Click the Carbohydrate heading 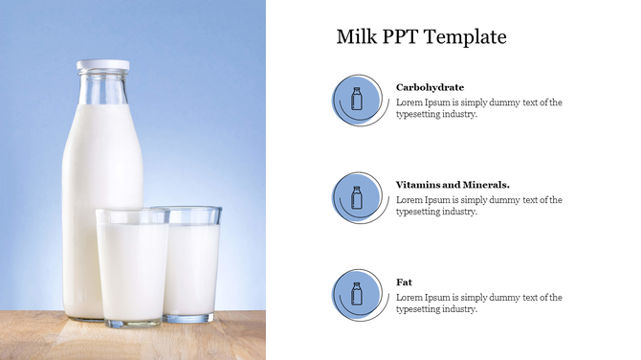point(430,87)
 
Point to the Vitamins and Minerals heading point(453,185)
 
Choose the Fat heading point(404,282)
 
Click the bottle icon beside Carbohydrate point(357,99)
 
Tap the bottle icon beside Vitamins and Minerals point(357,197)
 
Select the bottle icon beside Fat point(357,294)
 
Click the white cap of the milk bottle point(102,66)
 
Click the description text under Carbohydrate point(478,108)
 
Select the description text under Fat point(478,304)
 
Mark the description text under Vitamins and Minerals point(478,206)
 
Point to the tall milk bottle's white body point(96,172)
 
